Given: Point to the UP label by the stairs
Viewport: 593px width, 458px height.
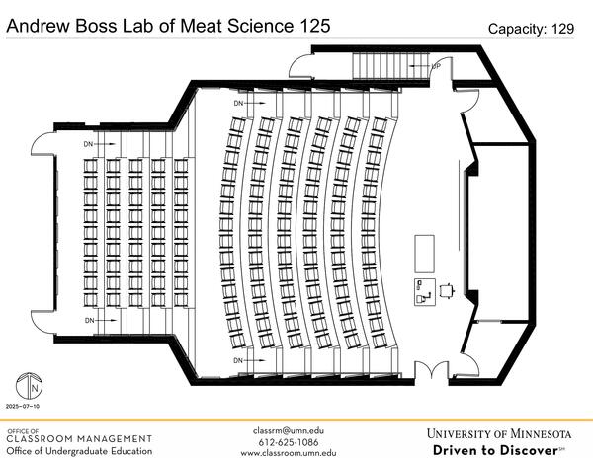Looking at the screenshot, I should point(435,66).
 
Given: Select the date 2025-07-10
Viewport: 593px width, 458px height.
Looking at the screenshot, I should point(22,406).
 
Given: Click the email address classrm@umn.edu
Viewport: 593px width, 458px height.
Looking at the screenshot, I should point(289,430).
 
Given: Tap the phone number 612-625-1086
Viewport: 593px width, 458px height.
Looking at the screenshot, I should point(289,441).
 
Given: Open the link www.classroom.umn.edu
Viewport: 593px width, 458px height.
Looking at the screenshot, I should point(289,452).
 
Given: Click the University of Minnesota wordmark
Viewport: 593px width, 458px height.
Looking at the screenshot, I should point(499,433).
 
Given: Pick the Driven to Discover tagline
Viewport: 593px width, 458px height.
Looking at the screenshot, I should point(499,450).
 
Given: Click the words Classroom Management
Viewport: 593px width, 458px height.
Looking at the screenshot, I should point(79,438).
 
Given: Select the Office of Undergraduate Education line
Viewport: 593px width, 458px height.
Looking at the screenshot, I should point(79,451).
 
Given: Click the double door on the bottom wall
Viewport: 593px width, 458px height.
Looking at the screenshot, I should point(432,372).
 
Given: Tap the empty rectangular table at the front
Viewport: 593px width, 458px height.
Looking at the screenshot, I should point(425,252).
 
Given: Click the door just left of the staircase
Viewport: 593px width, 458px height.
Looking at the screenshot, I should point(299,67).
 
